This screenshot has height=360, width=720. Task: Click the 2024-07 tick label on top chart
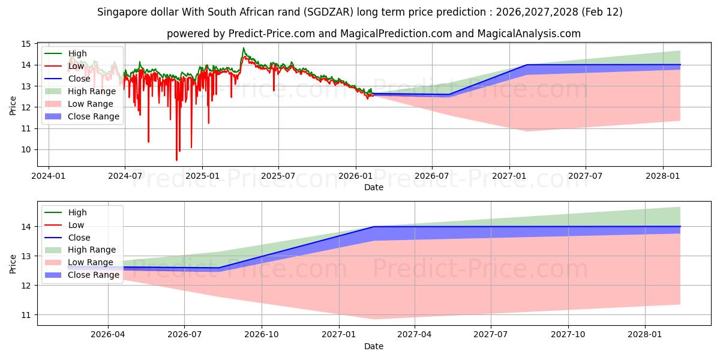pyautogui.click(x=125, y=176)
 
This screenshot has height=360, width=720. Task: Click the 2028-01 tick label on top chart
pyautogui.click(x=663, y=176)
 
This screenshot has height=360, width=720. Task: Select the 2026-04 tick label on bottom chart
pyautogui.click(x=108, y=335)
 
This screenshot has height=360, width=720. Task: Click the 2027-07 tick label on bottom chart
pyautogui.click(x=491, y=335)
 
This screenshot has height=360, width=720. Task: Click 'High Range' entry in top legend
pyautogui.click(x=92, y=91)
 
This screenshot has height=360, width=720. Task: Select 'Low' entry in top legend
pyautogui.click(x=77, y=66)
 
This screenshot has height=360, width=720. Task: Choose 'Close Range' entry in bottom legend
pyautogui.click(x=94, y=275)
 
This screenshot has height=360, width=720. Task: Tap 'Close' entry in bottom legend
pyautogui.click(x=80, y=238)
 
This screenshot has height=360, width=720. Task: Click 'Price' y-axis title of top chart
pyautogui.click(x=13, y=106)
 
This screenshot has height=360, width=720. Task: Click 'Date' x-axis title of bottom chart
pyautogui.click(x=373, y=346)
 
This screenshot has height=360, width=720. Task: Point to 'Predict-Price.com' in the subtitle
pyautogui.click(x=271, y=34)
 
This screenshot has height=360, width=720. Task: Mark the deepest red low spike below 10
pyautogui.click(x=176, y=160)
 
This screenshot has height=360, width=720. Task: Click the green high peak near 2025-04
pyautogui.click(x=244, y=48)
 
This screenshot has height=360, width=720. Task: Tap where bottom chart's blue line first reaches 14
pyautogui.click(x=374, y=227)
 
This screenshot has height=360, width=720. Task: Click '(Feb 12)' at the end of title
pyautogui.click(x=602, y=12)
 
